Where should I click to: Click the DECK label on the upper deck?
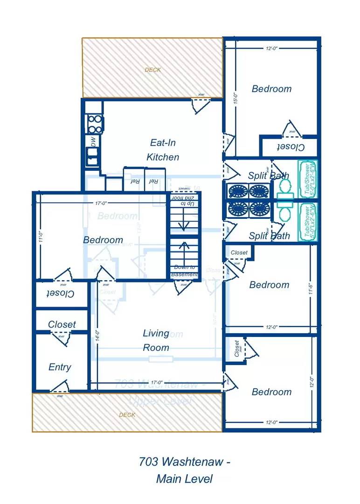[x=152, y=70]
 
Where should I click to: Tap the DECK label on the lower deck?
[x=127, y=414]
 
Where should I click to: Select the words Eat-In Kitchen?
[x=163, y=150]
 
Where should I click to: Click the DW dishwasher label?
[x=93, y=141]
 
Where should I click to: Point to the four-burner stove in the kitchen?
[x=94, y=124]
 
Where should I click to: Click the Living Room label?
[x=156, y=340]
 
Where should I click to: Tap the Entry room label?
[x=60, y=367]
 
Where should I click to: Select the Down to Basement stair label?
[x=184, y=271]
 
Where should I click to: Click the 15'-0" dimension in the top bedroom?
[x=236, y=97]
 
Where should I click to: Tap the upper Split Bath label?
[x=268, y=176]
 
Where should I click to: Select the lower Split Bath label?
[x=269, y=236]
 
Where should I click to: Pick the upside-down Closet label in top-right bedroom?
[x=291, y=147]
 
